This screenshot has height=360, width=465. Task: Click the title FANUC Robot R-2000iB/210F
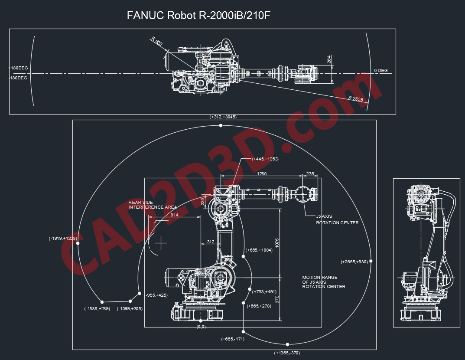pos(199,16)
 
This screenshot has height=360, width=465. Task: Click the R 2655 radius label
pos(356,99)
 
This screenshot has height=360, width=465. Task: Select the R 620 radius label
pos(157,42)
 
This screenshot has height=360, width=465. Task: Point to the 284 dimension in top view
pos(329,59)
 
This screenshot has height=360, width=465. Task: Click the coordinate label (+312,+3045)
pos(223,117)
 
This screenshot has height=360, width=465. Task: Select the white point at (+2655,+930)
pos(371,262)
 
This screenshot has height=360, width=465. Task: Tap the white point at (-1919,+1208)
pos(78,244)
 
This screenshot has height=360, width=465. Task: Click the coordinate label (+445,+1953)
pos(265,159)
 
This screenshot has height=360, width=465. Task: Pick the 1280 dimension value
pos(261,174)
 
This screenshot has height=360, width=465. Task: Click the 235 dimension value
pos(310,174)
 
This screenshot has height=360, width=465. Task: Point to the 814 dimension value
pos(174,215)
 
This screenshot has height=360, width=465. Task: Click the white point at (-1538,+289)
pos(102,302)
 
